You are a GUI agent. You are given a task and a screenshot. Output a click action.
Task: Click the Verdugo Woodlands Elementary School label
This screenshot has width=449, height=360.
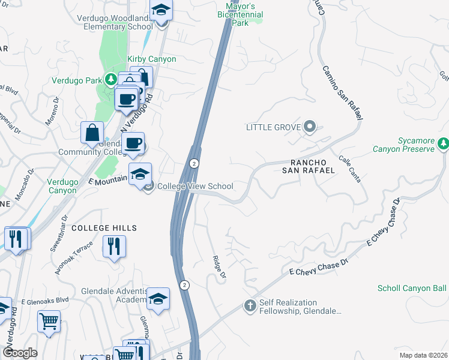tap(114, 22)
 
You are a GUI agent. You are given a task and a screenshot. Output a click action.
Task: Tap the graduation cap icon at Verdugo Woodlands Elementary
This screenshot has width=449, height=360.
tap(160, 11)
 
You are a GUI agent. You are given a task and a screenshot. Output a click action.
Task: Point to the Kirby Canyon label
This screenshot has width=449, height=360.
tap(152, 59)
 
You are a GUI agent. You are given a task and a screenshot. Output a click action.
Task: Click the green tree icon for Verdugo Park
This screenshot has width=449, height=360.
tap(110, 79)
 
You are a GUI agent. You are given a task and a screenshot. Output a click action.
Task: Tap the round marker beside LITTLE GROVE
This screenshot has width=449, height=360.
tap(310, 127)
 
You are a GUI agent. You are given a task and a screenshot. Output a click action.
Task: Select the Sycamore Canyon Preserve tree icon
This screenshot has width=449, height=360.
tap(443, 144)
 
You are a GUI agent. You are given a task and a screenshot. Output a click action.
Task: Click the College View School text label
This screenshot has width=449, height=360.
tap(194, 186)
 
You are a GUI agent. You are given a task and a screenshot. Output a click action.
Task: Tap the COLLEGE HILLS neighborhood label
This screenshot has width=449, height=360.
tap(104, 228)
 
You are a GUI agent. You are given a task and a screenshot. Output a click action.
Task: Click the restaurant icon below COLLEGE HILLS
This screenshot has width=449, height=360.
tap(113, 245)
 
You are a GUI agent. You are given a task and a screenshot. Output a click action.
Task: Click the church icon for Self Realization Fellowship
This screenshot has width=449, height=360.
tap(250, 306)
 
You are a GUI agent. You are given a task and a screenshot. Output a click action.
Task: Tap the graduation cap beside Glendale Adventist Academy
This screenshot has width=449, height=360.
tap(158, 299)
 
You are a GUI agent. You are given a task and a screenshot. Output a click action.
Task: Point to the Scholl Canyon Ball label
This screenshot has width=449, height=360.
tap(412, 288)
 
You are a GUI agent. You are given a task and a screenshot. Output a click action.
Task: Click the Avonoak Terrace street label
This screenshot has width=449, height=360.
tap(74, 258)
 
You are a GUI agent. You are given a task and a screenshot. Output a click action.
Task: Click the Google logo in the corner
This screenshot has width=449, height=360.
tap(20, 353)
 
